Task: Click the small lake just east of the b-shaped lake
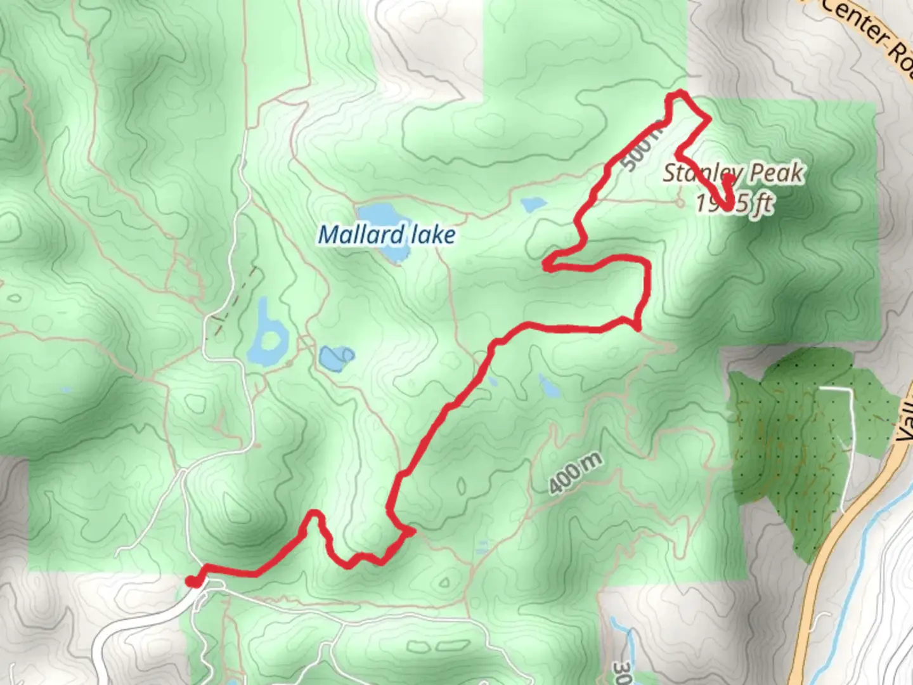click(335, 358)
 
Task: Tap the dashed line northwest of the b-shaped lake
click(235, 298)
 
